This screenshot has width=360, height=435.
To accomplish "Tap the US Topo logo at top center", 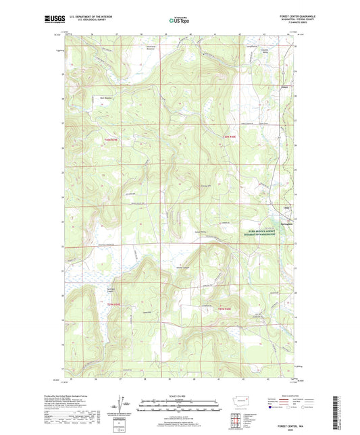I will pos(179,21).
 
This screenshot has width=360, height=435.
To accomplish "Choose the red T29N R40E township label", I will pos(225,309).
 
